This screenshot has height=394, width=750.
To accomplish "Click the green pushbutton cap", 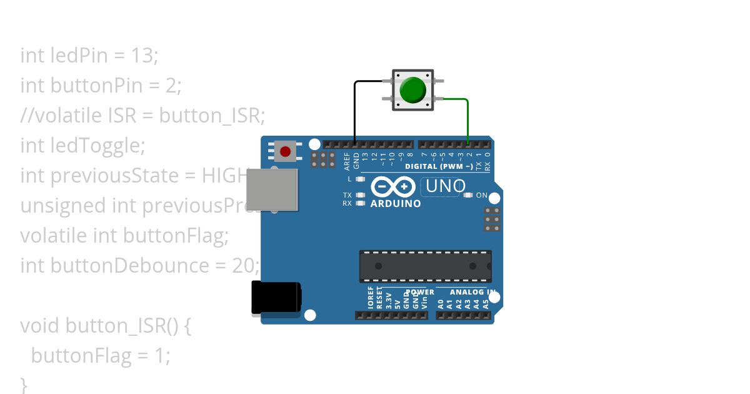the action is pos(412,90).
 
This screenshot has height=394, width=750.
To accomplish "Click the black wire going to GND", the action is pos(355,113).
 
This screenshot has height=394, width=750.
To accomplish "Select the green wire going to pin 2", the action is pos(468,119).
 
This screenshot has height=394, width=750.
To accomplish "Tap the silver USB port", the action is pos(272,189).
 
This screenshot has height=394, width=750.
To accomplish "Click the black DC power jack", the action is pos(276,297).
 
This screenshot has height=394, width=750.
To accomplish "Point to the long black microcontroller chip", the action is pos(425,266).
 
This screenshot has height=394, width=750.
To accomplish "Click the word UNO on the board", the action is pos(446,186).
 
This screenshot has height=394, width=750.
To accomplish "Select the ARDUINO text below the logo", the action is pos(396,204).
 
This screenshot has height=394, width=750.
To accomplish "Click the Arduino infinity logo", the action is pos(393,187).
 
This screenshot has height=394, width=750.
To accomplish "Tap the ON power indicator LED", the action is pos(468,195).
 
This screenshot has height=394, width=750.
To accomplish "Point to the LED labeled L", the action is pos(359,179).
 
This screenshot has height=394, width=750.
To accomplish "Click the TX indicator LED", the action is pos(359,195).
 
